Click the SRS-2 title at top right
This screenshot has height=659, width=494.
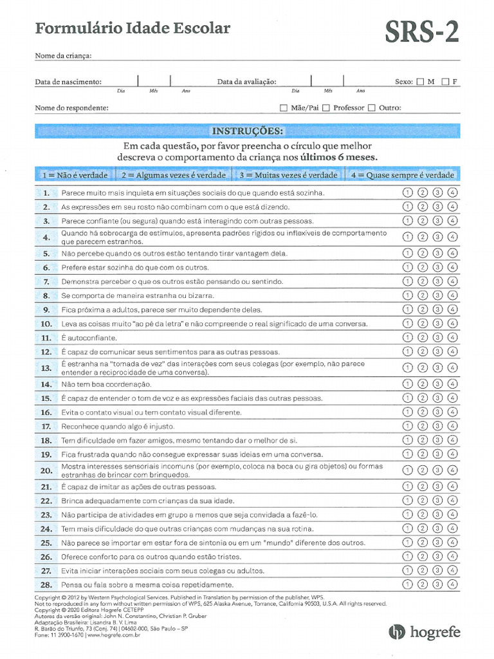coord(422,30)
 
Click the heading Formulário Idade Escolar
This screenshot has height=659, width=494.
coord(132,28)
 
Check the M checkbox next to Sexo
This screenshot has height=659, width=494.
coord(420,82)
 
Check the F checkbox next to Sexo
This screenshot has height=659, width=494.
coord(445,82)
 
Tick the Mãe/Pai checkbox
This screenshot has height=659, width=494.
coord(284,108)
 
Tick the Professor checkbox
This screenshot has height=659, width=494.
coord(326,108)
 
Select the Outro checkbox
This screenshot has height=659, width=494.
coord(372,108)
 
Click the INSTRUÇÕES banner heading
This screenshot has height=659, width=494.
coord(247,131)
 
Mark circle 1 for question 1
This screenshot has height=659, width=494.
coord(407,192)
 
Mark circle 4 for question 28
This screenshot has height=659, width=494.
coord(453,584)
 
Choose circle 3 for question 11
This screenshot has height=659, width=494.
coord(437,337)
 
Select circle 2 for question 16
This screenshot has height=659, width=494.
coord(423,412)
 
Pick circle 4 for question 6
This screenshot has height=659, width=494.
coord(453,267)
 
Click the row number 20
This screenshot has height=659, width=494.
coord(46,470)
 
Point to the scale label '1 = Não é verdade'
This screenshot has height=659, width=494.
coord(74,175)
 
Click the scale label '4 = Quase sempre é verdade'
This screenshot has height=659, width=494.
coord(402,175)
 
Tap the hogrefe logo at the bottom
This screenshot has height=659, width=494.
coord(425,632)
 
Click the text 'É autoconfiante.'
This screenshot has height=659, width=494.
coord(89,338)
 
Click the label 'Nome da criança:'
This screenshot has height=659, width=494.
coord(63,55)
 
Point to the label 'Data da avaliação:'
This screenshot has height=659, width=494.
coord(246,82)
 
